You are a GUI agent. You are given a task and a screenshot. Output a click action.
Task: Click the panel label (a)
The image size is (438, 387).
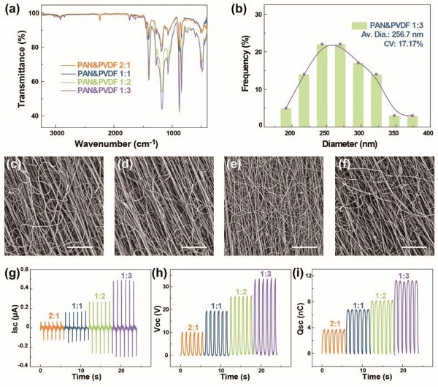coord(12,9)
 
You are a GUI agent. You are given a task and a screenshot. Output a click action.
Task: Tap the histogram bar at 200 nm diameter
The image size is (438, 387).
coord(286,117)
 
